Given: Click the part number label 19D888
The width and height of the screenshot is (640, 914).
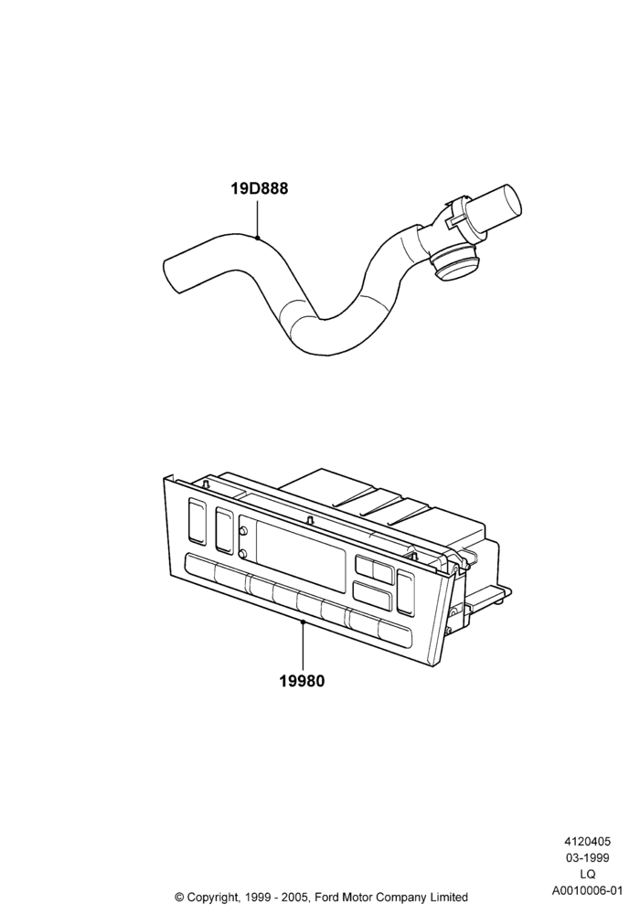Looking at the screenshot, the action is (259, 189).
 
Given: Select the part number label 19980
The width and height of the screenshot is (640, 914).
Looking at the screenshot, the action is (302, 680).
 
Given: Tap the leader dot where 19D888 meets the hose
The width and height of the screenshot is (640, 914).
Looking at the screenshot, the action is (258, 238).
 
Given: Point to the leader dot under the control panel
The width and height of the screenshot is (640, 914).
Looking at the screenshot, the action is (303, 622).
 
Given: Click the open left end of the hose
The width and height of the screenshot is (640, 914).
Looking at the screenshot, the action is (172, 273).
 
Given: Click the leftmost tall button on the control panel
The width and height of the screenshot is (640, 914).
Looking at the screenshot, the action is (197, 522).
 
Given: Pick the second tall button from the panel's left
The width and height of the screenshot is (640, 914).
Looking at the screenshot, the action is (224, 530).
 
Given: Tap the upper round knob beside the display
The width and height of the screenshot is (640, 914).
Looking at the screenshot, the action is (243, 530).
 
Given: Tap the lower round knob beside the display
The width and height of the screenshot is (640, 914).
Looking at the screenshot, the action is (243, 553).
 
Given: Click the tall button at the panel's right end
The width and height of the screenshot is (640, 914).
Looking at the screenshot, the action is (404, 592).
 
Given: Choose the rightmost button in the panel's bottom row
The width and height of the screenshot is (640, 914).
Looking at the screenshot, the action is (395, 634).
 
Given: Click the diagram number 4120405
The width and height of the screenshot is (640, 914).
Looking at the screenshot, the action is (587, 841).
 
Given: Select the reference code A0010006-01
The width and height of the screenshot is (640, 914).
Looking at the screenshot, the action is (588, 890).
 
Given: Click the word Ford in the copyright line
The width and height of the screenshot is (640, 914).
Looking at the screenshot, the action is (328, 897).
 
